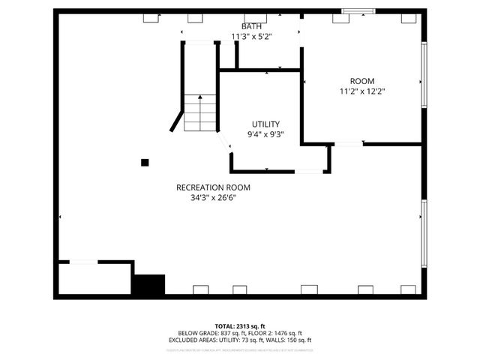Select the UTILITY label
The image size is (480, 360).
coord(265,124)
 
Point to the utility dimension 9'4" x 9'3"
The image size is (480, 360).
coord(265,135)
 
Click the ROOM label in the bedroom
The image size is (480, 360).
coord(362,81)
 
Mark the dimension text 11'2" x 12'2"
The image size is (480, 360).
coord(362,91)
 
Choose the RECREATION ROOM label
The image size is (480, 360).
coord(213,187)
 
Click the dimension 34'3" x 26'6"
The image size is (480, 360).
coord(213,198)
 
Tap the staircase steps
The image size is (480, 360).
coord(200,113)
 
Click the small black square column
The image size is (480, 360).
coord(145,162)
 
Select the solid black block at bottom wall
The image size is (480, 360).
coord(148,285)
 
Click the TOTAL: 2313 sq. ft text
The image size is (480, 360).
coord(240,325)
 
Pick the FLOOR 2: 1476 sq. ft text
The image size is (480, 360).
coord(272,333)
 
